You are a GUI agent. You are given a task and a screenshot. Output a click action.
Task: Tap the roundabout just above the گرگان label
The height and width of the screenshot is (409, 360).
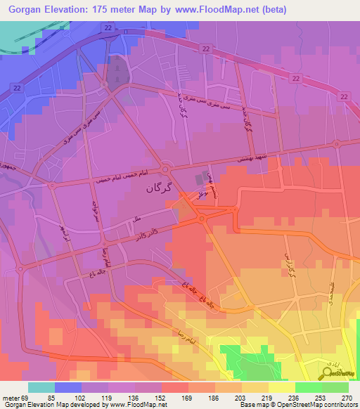165,169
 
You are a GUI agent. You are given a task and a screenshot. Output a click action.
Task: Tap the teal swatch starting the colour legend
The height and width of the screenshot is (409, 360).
41,387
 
